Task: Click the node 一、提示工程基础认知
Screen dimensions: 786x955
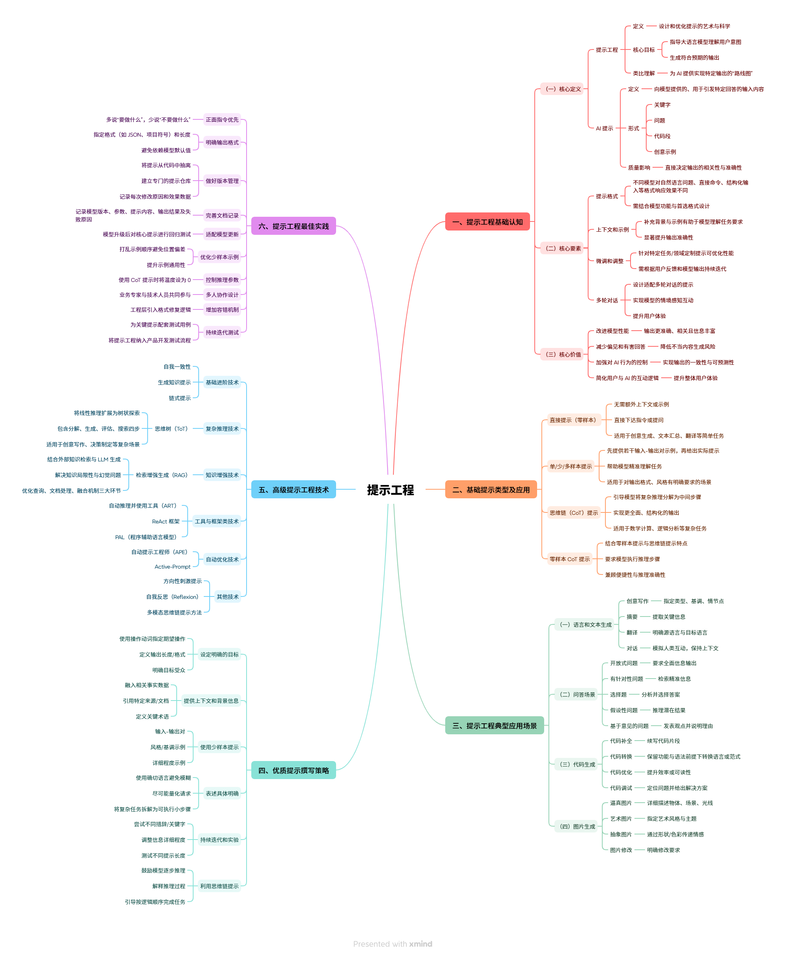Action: coord(487,222)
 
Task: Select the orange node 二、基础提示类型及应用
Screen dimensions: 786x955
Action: coord(491,490)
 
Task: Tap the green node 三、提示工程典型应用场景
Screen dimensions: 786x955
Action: coord(494,725)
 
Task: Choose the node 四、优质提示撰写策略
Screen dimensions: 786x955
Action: coord(293,770)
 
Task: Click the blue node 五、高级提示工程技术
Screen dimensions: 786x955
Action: coord(293,490)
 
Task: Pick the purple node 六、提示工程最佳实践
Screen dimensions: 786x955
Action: coord(293,226)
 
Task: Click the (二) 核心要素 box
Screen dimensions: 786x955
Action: coord(561,248)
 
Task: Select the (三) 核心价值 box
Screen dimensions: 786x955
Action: coord(561,355)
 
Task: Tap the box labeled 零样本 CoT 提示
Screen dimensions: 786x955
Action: coord(570,559)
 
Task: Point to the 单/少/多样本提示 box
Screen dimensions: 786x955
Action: coord(570,467)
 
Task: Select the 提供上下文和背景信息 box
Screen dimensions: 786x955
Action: coord(211,701)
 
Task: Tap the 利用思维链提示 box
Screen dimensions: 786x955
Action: coord(219,886)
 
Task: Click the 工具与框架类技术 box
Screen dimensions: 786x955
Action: coord(216,521)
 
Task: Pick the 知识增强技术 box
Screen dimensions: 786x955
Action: coord(222,475)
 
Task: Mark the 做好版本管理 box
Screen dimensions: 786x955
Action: coord(222,181)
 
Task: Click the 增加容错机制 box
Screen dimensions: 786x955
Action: coord(222,310)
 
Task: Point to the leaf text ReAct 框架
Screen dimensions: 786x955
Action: coord(166,521)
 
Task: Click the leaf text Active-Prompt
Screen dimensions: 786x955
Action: coord(172,567)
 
